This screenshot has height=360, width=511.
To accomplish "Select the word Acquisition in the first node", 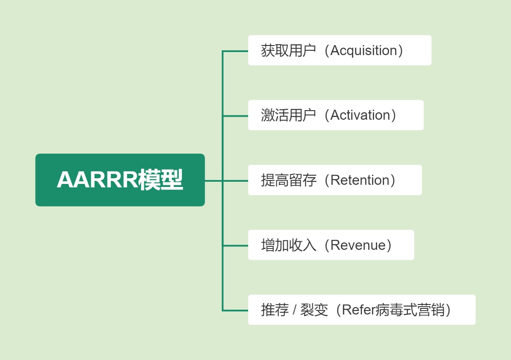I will [364, 51].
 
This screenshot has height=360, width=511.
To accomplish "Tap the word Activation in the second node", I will [360, 115].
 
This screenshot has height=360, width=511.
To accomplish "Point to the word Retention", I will [360, 180].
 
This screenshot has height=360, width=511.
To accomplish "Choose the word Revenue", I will [358, 245].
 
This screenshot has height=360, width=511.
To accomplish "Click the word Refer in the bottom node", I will [358, 310].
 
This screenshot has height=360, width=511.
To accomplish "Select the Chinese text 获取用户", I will [288, 51].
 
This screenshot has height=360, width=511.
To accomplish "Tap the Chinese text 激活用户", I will [288, 115].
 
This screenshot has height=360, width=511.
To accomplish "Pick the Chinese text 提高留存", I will [288, 180].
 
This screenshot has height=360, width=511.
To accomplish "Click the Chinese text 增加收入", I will [288, 245].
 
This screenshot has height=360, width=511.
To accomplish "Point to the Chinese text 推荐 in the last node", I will [275, 310].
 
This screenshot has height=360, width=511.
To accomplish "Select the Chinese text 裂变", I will [314, 310].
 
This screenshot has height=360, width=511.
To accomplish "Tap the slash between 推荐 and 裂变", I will [295, 310].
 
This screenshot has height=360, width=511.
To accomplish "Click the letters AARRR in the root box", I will [97, 180].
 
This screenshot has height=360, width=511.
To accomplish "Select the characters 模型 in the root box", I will [161, 180].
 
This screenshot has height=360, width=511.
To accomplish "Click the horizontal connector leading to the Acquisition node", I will [236, 51].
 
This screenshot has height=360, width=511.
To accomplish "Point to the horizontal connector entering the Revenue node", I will [236, 245].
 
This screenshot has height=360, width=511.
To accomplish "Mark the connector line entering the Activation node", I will [236, 116].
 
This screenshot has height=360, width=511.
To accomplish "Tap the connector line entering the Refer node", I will [236, 310].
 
